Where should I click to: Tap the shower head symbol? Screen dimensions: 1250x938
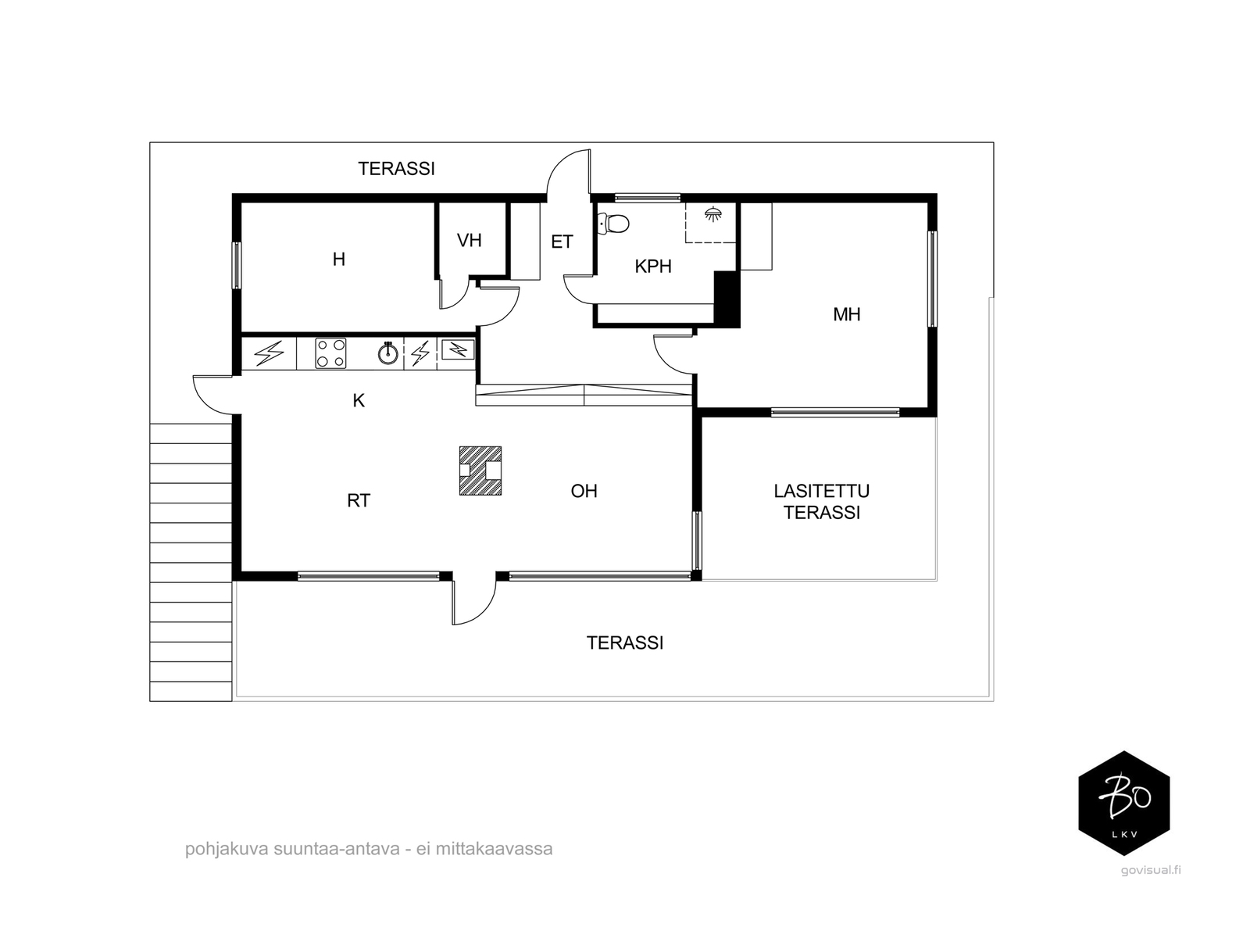pyautogui.click(x=713, y=214)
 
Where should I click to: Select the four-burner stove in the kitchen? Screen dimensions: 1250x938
pyautogui.click(x=331, y=353)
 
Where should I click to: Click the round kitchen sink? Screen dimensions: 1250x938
pyautogui.click(x=388, y=353)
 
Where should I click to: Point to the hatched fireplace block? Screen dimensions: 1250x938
pyautogui.click(x=480, y=471)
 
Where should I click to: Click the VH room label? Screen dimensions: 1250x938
pyautogui.click(x=470, y=240)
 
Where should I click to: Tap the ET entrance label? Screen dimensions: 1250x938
pyautogui.click(x=562, y=242)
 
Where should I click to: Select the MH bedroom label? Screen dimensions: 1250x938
pyautogui.click(x=846, y=314)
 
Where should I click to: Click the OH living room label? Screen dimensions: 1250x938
pyautogui.click(x=584, y=491)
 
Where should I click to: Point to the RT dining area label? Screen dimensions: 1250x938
pyautogui.click(x=359, y=500)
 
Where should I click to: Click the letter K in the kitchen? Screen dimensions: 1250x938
pyautogui.click(x=359, y=401)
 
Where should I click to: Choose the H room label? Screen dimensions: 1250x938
pyautogui.click(x=339, y=260)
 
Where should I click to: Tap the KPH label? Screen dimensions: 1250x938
pyautogui.click(x=653, y=266)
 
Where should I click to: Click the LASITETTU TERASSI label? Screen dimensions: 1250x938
pyautogui.click(x=821, y=502)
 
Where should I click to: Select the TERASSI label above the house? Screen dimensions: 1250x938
pyautogui.click(x=396, y=169)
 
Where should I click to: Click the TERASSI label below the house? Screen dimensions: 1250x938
pyautogui.click(x=625, y=643)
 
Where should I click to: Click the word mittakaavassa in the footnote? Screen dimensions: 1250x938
pyautogui.click(x=495, y=849)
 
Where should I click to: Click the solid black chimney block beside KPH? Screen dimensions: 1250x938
pyautogui.click(x=727, y=299)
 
